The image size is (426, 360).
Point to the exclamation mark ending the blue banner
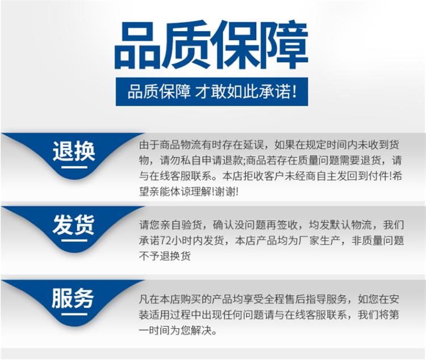294,91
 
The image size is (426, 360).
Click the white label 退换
74,151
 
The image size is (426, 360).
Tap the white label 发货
74,224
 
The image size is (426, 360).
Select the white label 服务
73,298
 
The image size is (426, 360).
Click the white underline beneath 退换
74,167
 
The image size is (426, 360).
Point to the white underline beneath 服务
74,314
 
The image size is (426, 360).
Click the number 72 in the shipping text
165,241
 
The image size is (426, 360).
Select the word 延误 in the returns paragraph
253,145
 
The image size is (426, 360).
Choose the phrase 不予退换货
165,256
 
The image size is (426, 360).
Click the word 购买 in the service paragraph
191,299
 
